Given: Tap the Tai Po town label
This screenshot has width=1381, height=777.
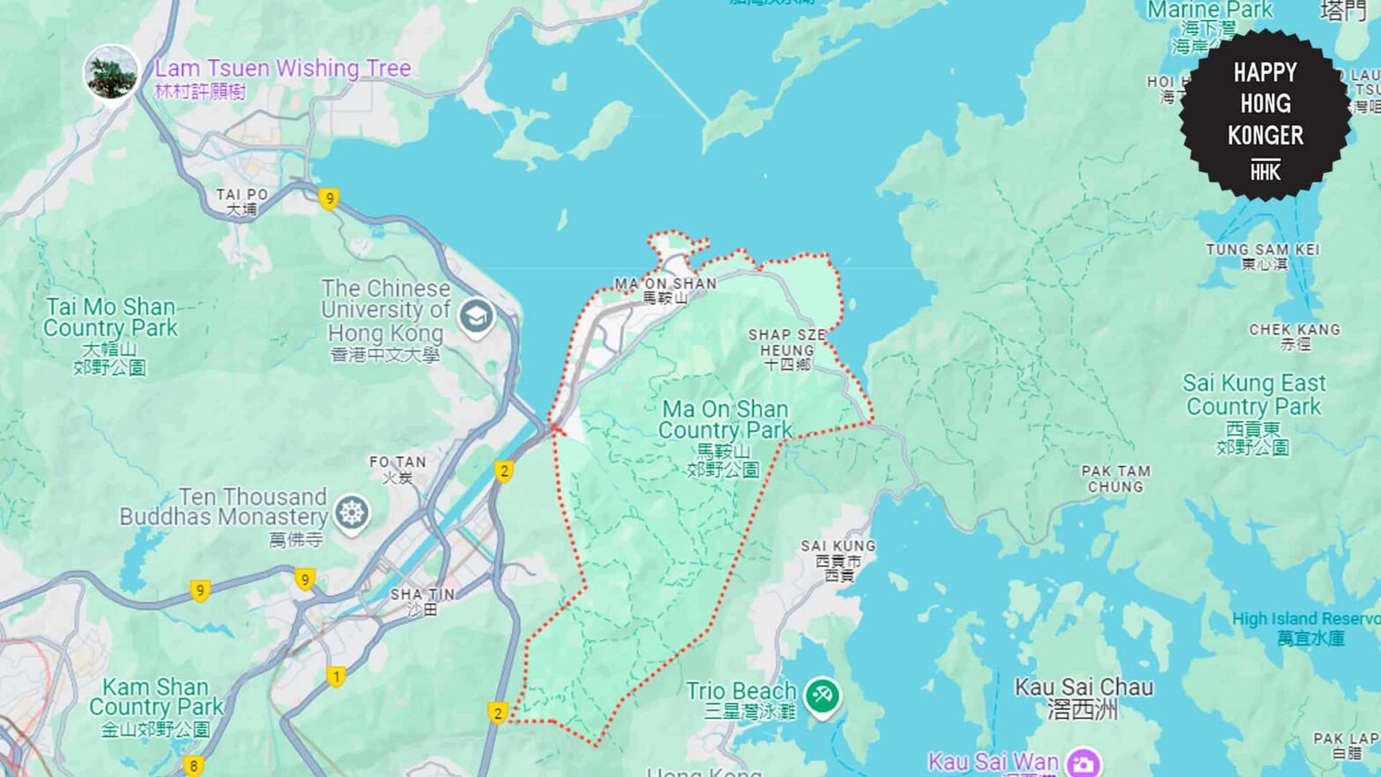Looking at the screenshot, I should [x=241, y=201].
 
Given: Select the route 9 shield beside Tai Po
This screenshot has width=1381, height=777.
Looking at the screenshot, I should [x=329, y=199].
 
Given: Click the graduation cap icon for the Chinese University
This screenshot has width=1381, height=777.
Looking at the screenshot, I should [x=476, y=316].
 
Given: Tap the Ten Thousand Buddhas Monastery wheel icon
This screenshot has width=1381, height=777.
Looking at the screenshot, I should [x=351, y=513].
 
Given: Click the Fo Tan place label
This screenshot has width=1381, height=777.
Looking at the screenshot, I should [x=397, y=469].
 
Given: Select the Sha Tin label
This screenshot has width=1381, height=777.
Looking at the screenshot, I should [x=422, y=601].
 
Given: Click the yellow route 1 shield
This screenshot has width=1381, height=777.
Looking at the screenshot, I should [x=336, y=677].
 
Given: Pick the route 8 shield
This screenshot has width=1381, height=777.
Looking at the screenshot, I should [x=194, y=766].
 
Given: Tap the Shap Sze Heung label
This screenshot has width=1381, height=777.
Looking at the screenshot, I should [x=787, y=349].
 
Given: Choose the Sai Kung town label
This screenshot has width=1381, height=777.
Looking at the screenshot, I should [x=838, y=559].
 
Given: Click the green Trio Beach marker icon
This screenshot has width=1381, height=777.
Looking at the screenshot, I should [x=822, y=695].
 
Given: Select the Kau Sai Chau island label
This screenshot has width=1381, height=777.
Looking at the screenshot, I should [x=1083, y=698].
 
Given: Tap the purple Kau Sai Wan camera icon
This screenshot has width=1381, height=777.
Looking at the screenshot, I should [x=1082, y=762].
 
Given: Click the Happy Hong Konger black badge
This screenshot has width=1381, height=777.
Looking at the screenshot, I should [x=1265, y=114].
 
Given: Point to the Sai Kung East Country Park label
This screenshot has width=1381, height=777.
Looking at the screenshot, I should [x=1253, y=413].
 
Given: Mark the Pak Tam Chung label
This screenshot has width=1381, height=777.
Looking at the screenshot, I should [x=1115, y=478].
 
